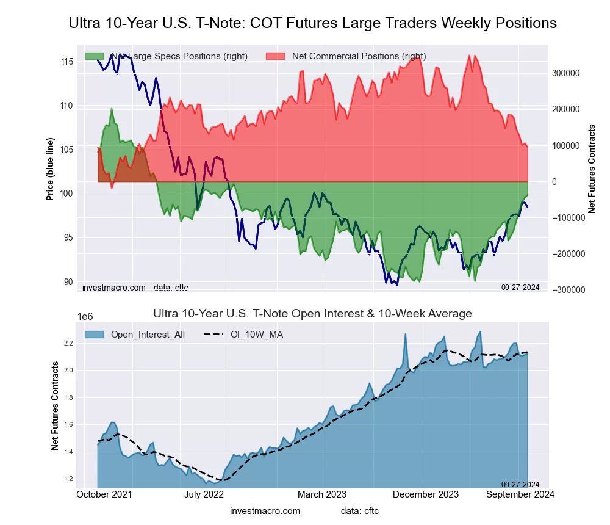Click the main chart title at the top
tap(312, 23)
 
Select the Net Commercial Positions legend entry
tap(359, 56)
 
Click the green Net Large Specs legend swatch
tap(94, 56)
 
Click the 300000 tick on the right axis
tap(565, 73)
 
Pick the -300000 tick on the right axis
tap(568, 290)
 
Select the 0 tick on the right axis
tap(555, 182)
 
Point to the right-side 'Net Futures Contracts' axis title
tap(591, 169)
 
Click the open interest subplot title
tap(312, 314)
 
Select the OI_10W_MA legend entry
tap(256, 335)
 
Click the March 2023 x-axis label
tap(322, 494)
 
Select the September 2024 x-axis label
tap(520, 494)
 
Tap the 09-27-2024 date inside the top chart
tap(520, 286)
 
